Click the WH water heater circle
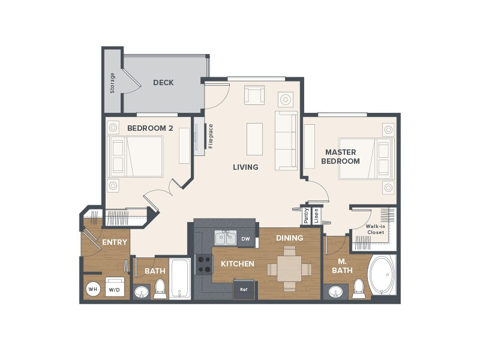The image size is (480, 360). pos(93,289)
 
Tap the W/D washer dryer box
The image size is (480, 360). pos(115,288)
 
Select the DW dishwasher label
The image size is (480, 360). pos(245,239)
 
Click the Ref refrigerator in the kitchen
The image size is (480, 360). pos(244,289)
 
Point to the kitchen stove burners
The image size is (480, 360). pos(205,264)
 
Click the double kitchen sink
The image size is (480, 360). pos(226,238)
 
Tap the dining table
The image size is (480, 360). pos(289,269)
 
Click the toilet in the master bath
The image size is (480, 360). pos(359,289)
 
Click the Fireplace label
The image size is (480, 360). pos(211,136)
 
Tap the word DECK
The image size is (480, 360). pos(163,83)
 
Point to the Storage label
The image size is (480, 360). pos(112,83)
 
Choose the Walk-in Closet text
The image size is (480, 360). pos(376,229)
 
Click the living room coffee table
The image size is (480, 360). pos(254,139)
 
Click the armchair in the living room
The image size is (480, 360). pos(254,95)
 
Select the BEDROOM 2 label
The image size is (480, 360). pos(150,128)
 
